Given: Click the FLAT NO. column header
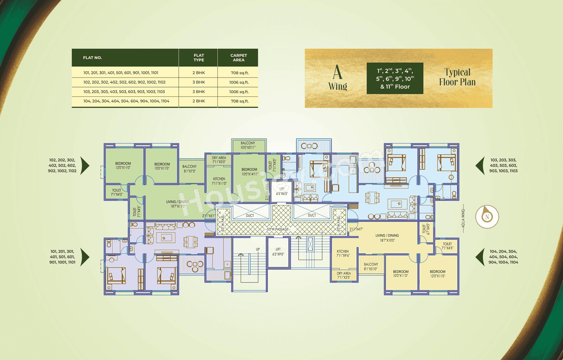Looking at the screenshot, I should (92, 58).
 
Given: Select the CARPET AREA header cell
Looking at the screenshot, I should (238, 58).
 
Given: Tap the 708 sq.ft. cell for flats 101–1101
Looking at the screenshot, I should (238, 72).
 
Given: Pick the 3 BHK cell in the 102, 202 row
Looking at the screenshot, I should (198, 82).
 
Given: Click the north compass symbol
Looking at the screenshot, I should (487, 217).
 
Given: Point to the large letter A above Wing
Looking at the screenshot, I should (337, 72).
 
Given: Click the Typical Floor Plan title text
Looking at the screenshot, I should (457, 77).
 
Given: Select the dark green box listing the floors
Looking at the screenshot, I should (395, 78).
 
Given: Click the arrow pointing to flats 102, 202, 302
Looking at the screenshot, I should (85, 165).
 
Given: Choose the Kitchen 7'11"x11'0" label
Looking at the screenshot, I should (219, 181).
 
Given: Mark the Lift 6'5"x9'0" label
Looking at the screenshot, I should (278, 252).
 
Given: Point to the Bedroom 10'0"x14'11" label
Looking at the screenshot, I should (249, 172).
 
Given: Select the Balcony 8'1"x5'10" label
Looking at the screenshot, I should (371, 267).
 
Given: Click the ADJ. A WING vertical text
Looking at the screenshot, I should (463, 216).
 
